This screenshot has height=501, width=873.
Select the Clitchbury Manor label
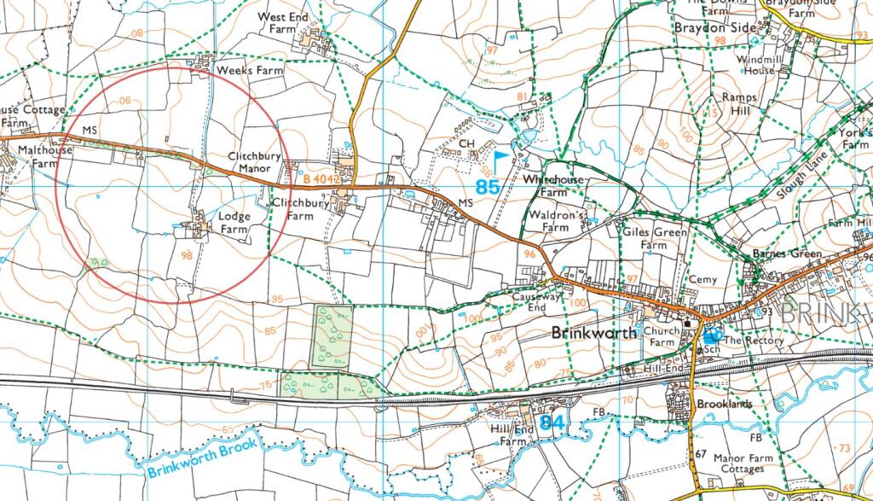(x=249, y=162)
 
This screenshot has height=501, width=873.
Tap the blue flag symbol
(x=500, y=155)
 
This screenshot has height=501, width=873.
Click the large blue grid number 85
(x=487, y=187)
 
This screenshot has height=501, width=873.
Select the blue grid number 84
(x=552, y=422)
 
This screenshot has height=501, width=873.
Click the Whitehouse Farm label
(x=553, y=185)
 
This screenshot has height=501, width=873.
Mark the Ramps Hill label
(x=739, y=104)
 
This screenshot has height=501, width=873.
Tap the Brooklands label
(x=724, y=404)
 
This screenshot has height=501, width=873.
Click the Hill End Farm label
(x=513, y=435)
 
